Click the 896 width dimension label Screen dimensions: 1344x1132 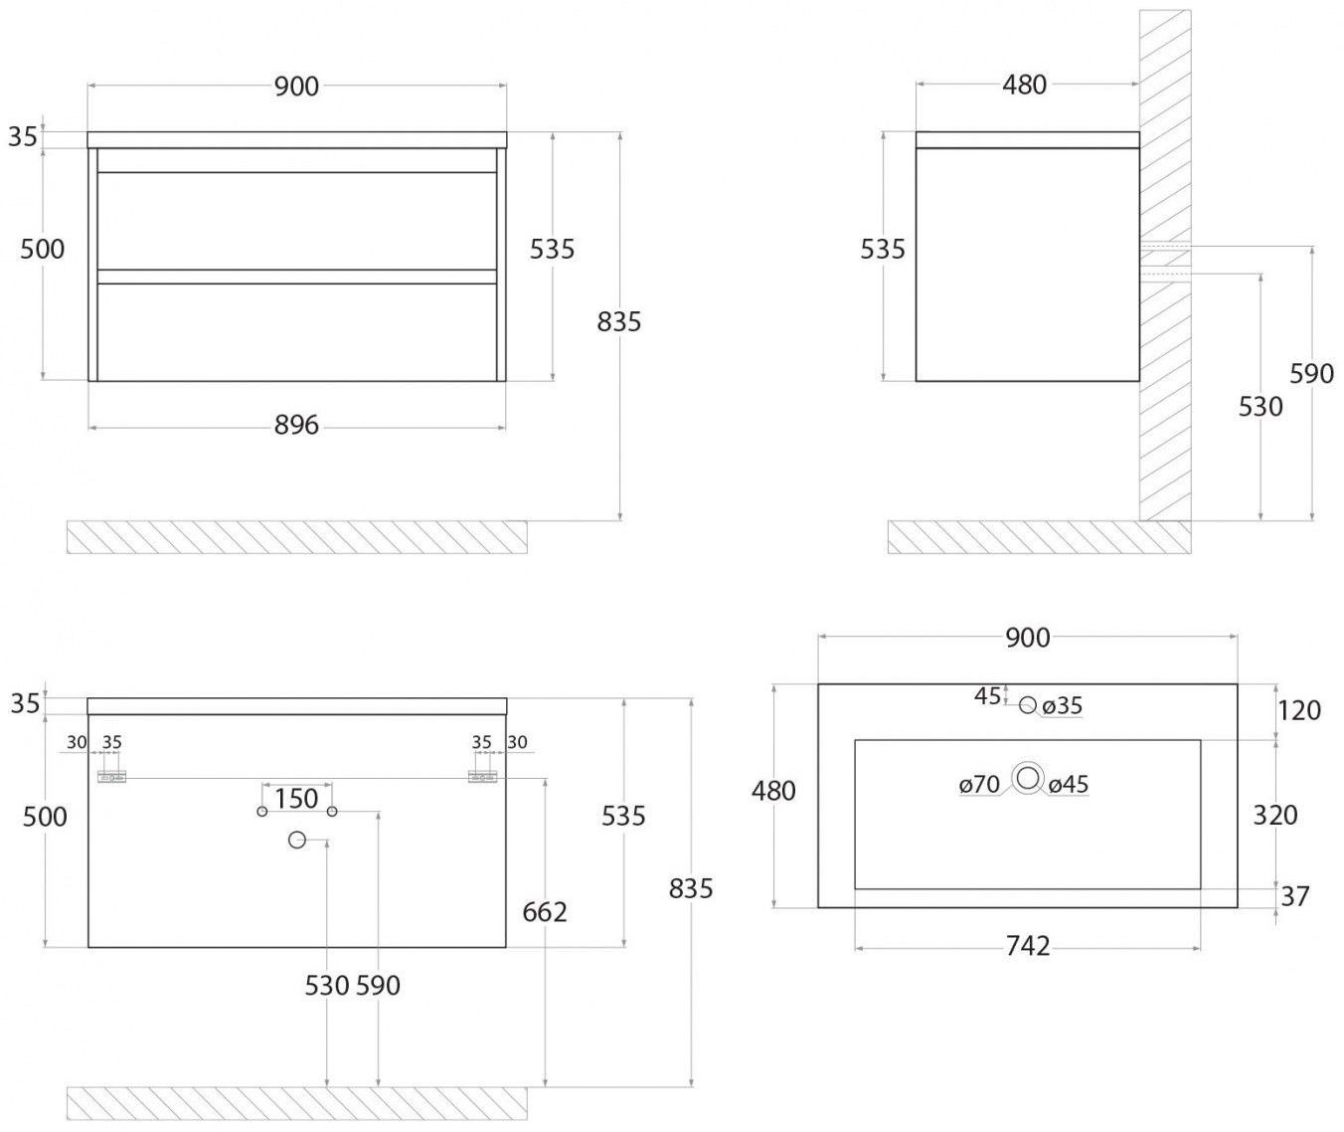[297, 425]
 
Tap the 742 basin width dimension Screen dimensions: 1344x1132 [1027, 946]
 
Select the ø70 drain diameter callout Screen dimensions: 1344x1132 [979, 784]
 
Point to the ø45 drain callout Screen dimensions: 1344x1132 [1069, 784]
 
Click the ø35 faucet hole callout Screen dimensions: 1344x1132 [1062, 706]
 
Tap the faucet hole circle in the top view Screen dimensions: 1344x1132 [1027, 705]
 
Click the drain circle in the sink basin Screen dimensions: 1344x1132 [1027, 776]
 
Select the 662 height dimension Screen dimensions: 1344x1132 [545, 912]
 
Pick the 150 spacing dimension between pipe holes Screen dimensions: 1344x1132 [296, 798]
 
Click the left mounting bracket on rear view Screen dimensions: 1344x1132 [111, 777]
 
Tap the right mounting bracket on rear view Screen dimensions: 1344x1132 [483, 777]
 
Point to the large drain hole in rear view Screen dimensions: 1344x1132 [297, 840]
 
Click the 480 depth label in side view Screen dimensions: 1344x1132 [1024, 85]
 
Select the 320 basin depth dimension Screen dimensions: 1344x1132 [1275, 815]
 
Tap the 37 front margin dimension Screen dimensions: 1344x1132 [1295, 896]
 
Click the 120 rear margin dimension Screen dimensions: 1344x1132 [1299, 710]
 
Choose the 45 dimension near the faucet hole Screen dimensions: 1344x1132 [988, 696]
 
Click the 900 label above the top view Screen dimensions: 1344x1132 [1027, 638]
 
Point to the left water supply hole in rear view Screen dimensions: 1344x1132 [262, 811]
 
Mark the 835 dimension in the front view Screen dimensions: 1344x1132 [618, 321]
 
